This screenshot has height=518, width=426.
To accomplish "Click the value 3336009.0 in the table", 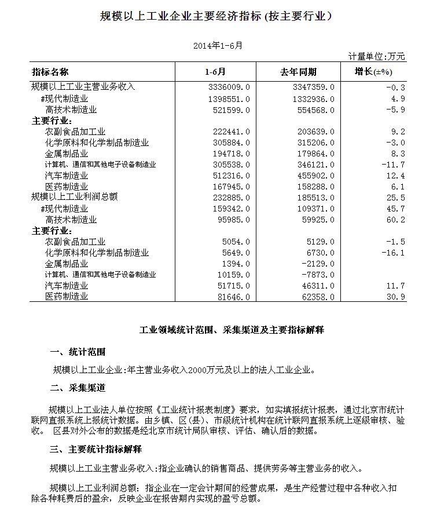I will point(227,87).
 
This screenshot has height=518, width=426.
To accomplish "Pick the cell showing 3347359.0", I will point(311,87).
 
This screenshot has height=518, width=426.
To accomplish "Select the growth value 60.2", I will point(396,220).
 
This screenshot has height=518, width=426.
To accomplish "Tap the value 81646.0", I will point(232,297).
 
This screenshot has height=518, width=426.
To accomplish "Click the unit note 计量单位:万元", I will point(377,56).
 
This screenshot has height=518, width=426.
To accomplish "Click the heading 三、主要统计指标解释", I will point(96,449).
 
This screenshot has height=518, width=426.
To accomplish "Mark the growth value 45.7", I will point(396,209).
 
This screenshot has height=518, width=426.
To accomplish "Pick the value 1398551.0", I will point(227,99).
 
